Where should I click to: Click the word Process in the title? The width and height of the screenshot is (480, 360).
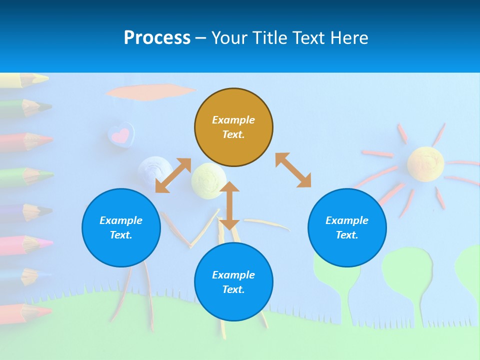click(x=157, y=38)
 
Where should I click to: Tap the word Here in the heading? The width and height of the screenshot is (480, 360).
click(x=348, y=38)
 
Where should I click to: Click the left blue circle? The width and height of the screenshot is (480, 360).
click(x=121, y=227)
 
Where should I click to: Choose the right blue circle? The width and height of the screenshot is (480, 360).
click(x=347, y=227)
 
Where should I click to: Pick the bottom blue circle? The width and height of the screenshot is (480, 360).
click(x=233, y=282)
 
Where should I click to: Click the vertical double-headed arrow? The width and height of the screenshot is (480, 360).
click(x=229, y=205)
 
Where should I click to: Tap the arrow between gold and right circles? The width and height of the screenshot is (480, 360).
click(x=293, y=170)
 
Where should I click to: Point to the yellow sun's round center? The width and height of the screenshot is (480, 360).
click(x=425, y=163)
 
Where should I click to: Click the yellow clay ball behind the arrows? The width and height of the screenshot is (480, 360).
click(x=208, y=177)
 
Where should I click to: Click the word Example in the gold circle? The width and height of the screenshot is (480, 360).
click(x=233, y=120)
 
